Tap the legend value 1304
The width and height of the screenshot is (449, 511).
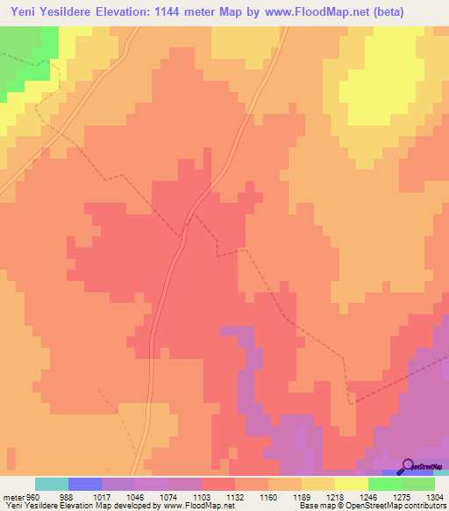point(434,496)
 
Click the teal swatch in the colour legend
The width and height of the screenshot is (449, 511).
point(52,484)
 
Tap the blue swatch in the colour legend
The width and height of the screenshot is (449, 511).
point(85,484)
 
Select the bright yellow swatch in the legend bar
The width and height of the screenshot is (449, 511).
point(352,484)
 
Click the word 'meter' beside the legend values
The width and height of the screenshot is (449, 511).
point(13,496)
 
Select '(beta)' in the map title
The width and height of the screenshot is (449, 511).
point(420,11)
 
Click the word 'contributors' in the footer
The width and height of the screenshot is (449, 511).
point(425,507)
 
